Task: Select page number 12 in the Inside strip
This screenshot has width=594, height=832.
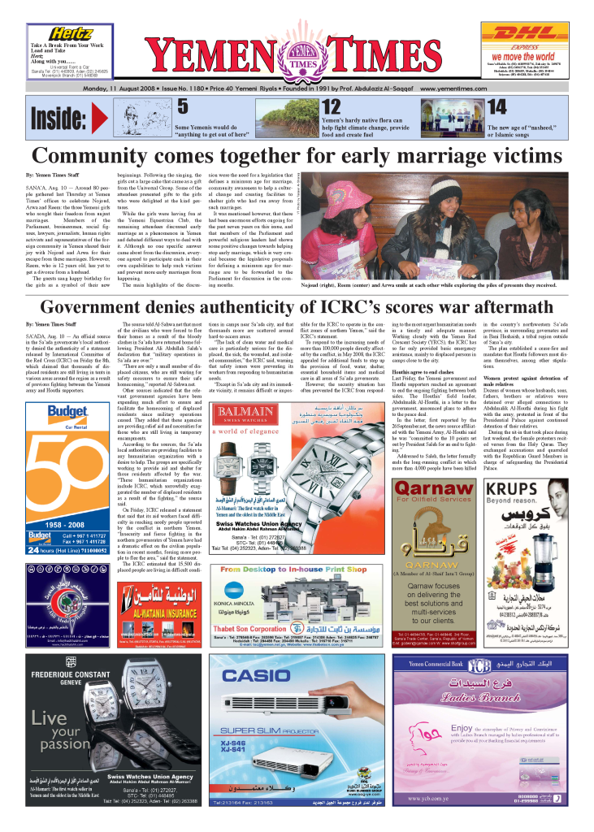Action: pos(331,106)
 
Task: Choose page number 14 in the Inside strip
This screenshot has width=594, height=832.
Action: pos(496,106)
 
